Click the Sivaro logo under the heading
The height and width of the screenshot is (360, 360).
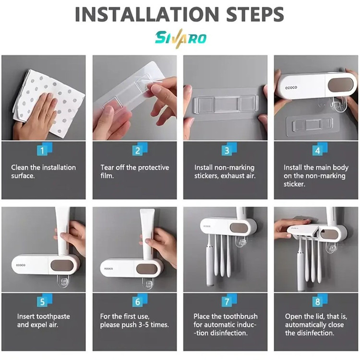coord(180,38)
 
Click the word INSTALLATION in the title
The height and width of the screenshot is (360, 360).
coord(147,14)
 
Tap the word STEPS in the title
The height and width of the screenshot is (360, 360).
coord(255,14)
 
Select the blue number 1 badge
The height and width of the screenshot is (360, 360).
coord(45,149)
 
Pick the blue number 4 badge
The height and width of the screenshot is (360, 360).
coord(320,149)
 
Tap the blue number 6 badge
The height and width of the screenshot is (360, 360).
coord(140,300)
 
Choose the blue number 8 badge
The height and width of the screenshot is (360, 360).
coord(320,300)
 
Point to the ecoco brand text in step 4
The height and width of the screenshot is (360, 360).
coord(291,87)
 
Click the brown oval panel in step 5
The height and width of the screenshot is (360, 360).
coord(62,265)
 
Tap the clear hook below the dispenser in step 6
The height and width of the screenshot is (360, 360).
coord(147,283)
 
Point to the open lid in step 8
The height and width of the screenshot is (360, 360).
coord(302,229)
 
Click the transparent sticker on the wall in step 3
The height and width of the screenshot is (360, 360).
coord(226,104)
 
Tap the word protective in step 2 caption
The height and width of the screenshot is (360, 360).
coord(154,168)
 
